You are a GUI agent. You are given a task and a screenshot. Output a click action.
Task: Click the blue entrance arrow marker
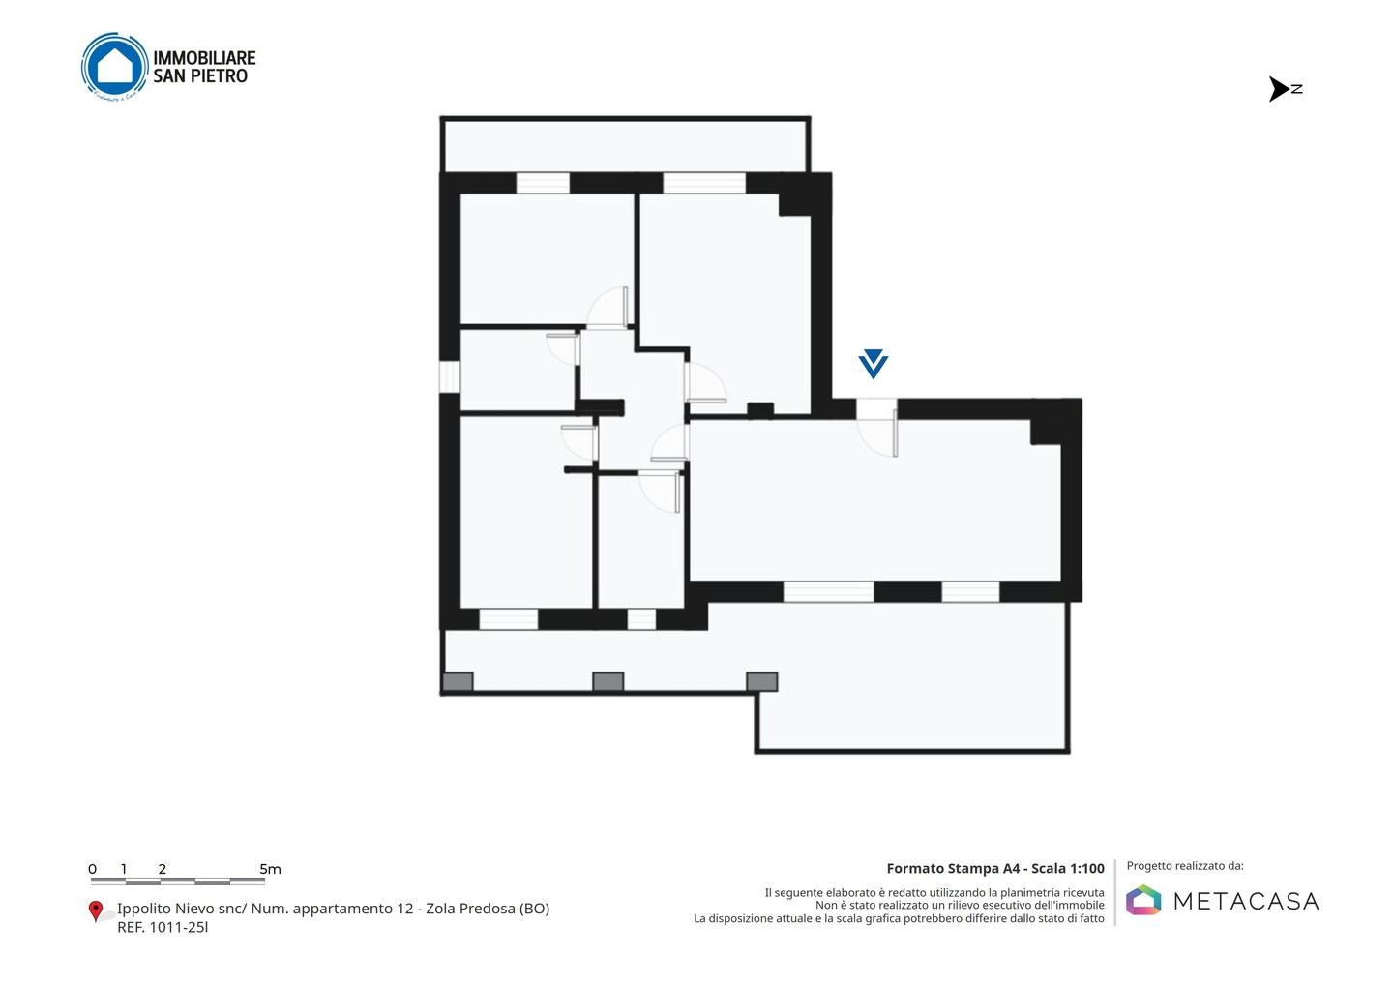pos(874,364)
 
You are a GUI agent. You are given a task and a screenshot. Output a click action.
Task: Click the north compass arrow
pos(1279,89)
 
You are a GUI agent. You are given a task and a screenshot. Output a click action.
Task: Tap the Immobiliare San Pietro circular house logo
pos(114,67)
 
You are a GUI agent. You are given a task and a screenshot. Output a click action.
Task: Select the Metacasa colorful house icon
pos(1143,900)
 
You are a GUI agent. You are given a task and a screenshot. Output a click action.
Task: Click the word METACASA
pos(1246,901)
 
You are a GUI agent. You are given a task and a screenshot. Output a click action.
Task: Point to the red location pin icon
pos(95,911)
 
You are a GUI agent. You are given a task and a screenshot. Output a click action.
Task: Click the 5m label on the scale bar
pos(270,869)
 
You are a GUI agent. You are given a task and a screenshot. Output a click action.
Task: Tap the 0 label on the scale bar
pos(92,869)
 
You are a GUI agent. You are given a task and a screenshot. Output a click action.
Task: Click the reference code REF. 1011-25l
pos(163,927)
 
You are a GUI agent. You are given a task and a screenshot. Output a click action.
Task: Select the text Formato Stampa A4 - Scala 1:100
pos(995,868)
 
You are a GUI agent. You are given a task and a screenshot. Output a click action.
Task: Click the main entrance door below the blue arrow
pos(876,428)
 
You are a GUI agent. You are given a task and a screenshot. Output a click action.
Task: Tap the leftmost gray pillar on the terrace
pos(458,681)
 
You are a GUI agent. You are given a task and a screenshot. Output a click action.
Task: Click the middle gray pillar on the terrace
pos(608,681)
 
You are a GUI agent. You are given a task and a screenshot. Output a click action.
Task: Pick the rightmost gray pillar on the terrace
pos(762,681)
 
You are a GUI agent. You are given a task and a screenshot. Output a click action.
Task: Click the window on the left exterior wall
pos(450,376)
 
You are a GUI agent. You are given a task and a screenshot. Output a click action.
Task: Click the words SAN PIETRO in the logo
pos(200,76)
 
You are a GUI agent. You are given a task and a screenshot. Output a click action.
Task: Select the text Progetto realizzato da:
pos(1185,866)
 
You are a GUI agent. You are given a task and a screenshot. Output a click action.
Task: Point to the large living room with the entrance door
pos(874,500)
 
